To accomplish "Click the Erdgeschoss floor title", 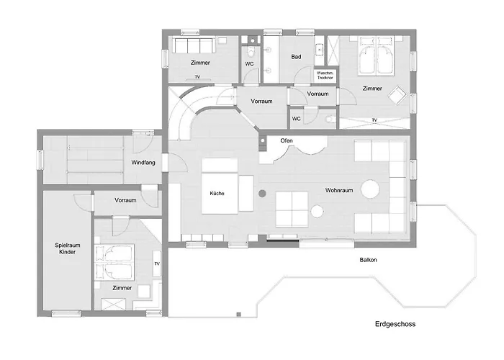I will point(395,324).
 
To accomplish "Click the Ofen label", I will point(287,140).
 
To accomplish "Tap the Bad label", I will point(296,55).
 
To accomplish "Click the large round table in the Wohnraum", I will point(371,188).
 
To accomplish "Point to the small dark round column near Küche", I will point(262,192).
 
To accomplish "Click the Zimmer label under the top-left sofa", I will point(201,63).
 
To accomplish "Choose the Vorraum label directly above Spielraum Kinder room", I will point(125,200).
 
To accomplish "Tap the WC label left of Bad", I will point(249,63).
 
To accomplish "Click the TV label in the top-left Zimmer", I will point(197,76).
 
